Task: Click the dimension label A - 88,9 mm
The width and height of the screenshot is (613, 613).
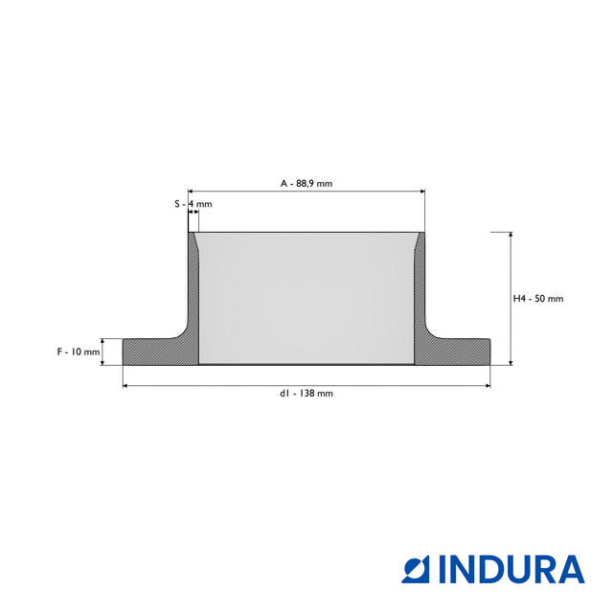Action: click(306, 183)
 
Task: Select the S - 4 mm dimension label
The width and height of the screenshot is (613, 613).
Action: click(193, 204)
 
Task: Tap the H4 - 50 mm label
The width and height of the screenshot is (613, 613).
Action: click(538, 299)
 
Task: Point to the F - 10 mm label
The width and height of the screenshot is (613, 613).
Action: click(79, 352)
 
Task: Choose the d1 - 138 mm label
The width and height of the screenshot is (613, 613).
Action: click(306, 394)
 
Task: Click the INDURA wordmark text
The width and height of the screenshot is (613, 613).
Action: click(511, 569)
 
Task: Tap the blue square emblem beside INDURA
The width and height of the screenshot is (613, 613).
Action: click(416, 569)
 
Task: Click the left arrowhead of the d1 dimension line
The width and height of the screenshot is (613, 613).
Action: click(125, 386)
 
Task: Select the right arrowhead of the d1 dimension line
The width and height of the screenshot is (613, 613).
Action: click(488, 386)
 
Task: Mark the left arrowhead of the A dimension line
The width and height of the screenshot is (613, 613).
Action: click(191, 192)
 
